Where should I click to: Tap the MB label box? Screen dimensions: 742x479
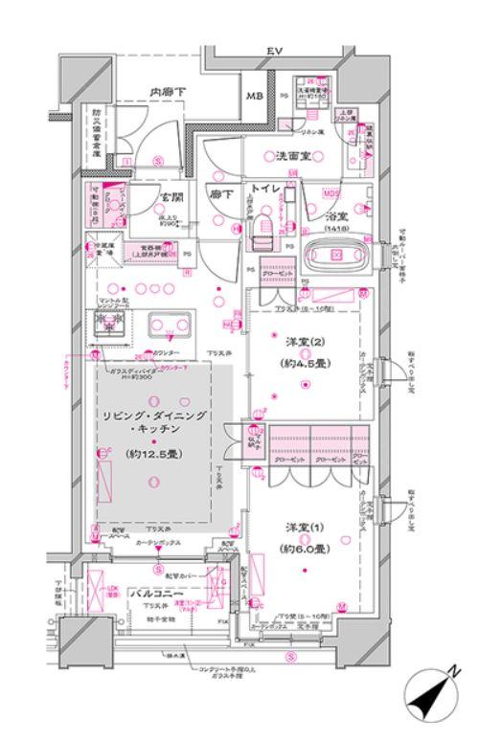pos(257,97)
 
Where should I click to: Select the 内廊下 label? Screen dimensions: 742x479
pos(165,92)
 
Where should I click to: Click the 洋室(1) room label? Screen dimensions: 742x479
pos(301,528)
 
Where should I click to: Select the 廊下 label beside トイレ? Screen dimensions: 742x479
pos(220,192)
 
